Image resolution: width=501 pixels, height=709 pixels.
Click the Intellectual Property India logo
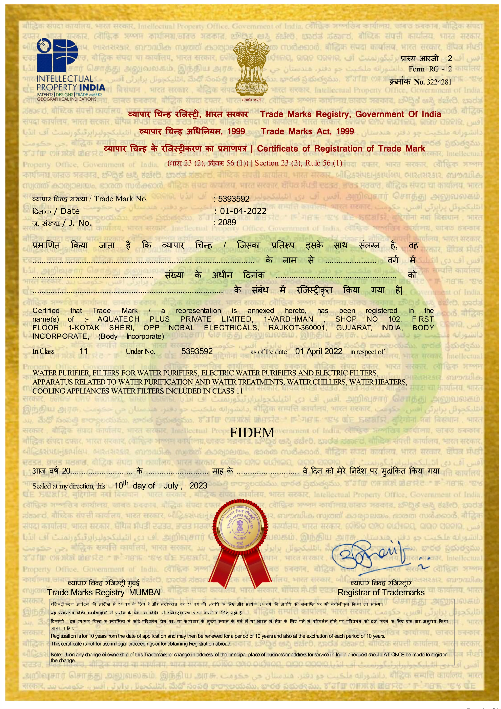point(70,70)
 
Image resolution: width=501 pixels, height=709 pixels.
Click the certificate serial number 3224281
point(439,82)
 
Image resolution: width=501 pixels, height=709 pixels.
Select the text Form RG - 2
point(430,69)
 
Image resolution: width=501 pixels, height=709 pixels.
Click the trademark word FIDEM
point(252,433)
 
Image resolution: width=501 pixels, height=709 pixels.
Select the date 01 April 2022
point(319,351)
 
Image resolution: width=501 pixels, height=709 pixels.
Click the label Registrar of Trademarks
point(381,592)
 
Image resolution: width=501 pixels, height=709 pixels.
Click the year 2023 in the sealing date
point(198,486)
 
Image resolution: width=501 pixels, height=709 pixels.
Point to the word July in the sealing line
point(171,486)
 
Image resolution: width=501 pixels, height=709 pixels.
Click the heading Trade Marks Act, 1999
point(307,132)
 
